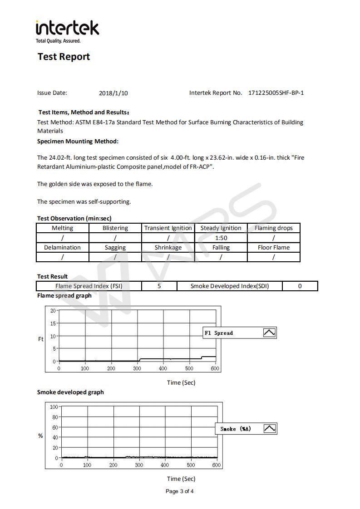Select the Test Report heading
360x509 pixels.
click(x=64, y=57)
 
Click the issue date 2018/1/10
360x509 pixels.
click(x=113, y=93)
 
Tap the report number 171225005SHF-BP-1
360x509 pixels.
click(x=276, y=93)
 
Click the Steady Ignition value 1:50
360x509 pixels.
click(x=221, y=238)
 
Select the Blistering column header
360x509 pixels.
click(x=115, y=228)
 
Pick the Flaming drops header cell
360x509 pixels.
click(x=274, y=228)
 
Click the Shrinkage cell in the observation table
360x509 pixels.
click(x=168, y=248)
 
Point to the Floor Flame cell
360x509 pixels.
click(x=274, y=248)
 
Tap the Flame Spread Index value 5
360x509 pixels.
click(x=159, y=286)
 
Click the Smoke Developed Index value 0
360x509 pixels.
click(x=300, y=286)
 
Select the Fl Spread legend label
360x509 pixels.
click(x=218, y=333)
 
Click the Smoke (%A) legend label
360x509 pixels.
click(x=236, y=429)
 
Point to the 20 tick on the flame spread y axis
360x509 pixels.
click(x=53, y=311)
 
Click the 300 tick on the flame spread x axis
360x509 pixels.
click(x=138, y=368)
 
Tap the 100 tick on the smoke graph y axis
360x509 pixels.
click(x=54, y=407)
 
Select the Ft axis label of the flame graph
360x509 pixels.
click(x=41, y=339)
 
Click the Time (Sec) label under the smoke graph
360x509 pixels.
click(x=181, y=479)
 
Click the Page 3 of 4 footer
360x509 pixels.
click(x=180, y=491)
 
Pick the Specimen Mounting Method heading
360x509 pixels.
click(x=78, y=141)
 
